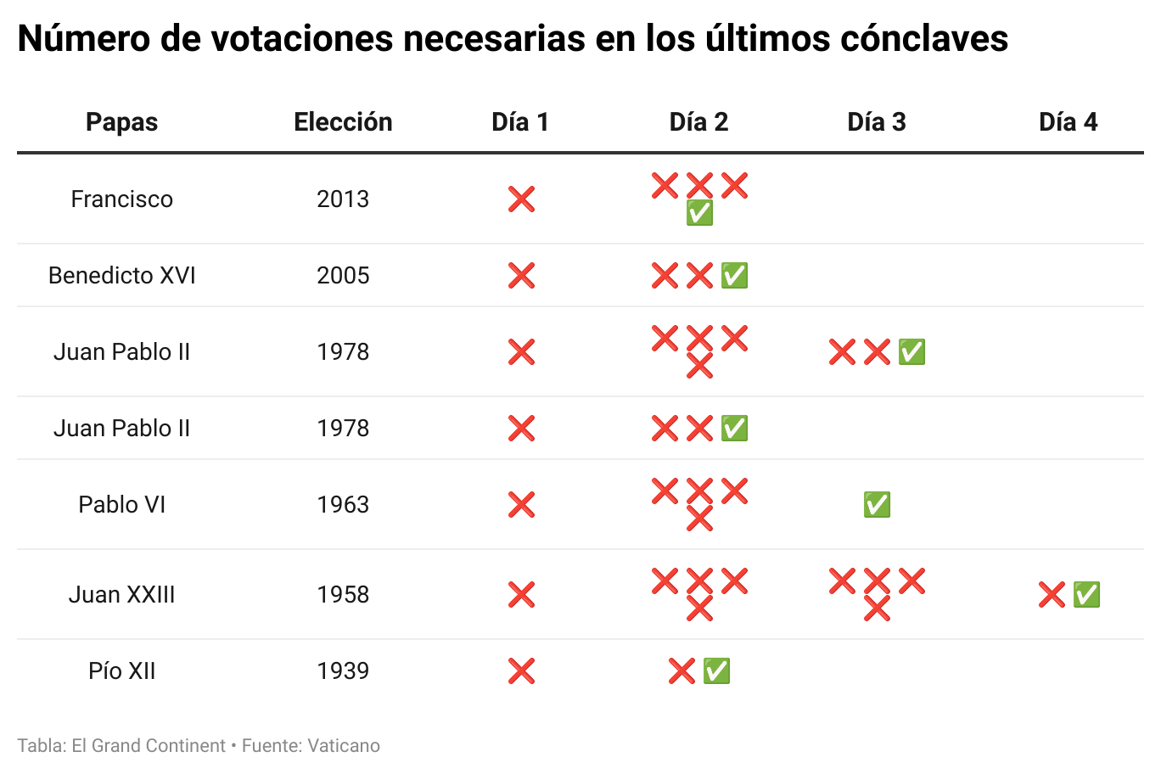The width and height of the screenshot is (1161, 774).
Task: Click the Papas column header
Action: (x=121, y=122)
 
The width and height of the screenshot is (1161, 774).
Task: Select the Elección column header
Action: (x=343, y=122)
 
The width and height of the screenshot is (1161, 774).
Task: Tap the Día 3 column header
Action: (x=877, y=122)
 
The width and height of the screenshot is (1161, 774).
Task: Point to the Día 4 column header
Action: (x=1068, y=122)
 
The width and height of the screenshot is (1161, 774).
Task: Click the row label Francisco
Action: (x=121, y=199)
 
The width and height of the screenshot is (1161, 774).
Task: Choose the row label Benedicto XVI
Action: (x=121, y=276)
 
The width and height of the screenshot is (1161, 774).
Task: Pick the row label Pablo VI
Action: (x=121, y=505)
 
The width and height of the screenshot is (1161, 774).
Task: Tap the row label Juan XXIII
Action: (x=121, y=595)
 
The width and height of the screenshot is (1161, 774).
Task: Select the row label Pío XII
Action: (x=121, y=671)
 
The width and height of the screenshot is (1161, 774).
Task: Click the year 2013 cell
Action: (x=343, y=199)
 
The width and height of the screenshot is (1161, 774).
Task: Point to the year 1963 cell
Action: (x=343, y=505)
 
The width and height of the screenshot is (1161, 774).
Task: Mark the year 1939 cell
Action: (x=343, y=671)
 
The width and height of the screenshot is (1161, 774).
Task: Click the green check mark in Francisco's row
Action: (x=699, y=213)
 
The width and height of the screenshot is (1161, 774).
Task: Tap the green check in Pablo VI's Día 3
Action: (x=877, y=505)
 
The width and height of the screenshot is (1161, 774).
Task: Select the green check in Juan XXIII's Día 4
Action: (x=1086, y=595)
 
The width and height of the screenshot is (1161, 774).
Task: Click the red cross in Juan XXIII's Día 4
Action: (x=1052, y=595)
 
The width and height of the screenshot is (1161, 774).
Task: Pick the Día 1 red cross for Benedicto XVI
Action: (x=521, y=276)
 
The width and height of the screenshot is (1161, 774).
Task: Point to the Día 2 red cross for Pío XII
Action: (x=681, y=671)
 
